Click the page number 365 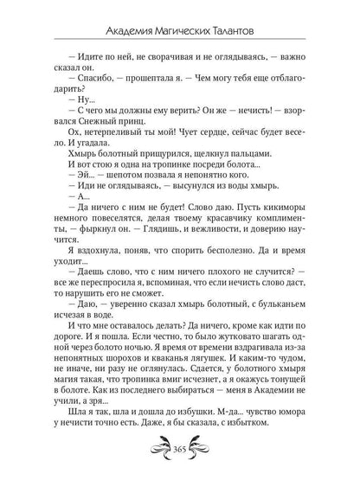coord(180,458)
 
